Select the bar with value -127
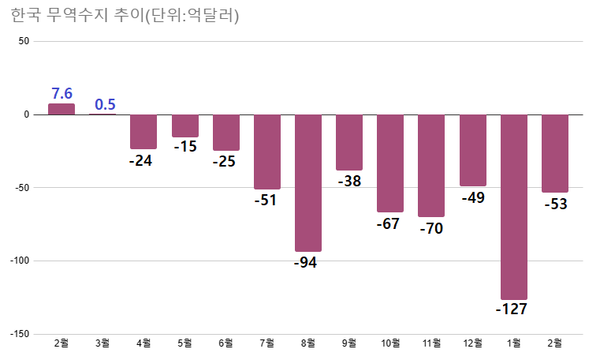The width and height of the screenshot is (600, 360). point(513,206)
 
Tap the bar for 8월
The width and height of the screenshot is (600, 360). point(308,182)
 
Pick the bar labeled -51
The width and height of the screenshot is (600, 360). point(267,151)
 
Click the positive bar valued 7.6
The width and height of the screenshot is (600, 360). point(62,109)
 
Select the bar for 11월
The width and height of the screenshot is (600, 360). point(431,165)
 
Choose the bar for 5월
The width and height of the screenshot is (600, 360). point(185,125)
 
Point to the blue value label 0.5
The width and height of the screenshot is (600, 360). point(104,103)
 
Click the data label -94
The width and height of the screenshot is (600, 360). point(308,263)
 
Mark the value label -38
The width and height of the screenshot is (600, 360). point(349,182)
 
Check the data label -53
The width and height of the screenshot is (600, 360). point(554,204)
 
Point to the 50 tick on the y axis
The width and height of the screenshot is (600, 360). point(24,41)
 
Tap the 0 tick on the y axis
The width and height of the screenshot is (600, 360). point(27,114)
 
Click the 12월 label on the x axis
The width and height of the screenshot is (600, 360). point(472,345)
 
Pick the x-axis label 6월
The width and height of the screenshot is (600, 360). point(226,345)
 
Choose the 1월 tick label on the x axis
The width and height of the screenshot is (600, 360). point(513,345)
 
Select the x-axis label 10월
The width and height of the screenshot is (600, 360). point(390,345)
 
